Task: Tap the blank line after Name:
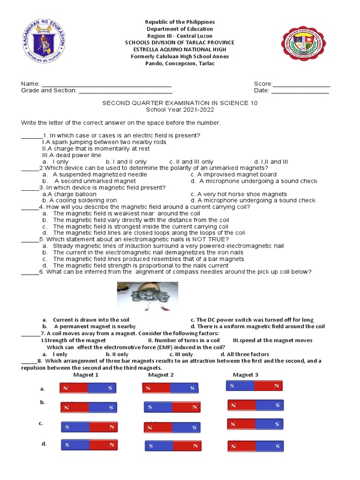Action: (x=107, y=84)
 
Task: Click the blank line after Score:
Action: (x=301, y=84)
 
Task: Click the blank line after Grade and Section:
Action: (x=125, y=91)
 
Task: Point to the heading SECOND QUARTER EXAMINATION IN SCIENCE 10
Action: (x=180, y=103)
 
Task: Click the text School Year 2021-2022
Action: (x=180, y=110)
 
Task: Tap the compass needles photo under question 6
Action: (x=147, y=297)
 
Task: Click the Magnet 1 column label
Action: (x=86, y=375)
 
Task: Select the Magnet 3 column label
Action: (x=246, y=375)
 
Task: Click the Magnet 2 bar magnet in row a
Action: (x=171, y=388)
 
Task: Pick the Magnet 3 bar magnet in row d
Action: (x=255, y=445)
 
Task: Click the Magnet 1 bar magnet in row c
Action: (x=89, y=427)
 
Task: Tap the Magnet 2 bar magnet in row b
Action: (x=172, y=407)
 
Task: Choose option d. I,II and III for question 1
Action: (x=271, y=162)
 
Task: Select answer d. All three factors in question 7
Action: (x=245, y=354)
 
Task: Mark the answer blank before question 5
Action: (x=30, y=239)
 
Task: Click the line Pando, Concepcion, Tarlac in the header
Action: (x=180, y=63)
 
